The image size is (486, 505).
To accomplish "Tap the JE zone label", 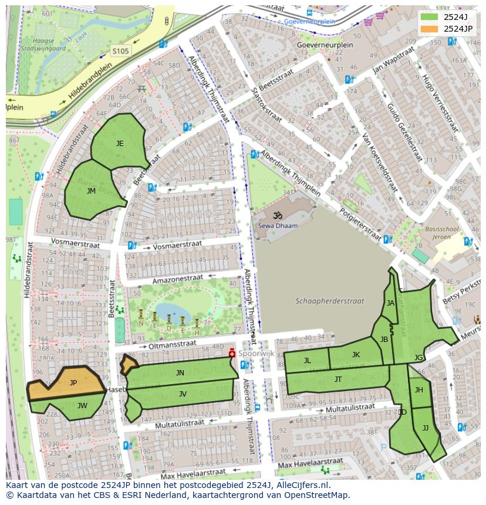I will point(120,143).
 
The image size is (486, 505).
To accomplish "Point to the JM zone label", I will point(91,191).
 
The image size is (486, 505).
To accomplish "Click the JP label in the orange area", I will point(73,382).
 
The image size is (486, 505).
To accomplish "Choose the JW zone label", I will point(82,405).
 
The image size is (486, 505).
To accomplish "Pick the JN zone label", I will point(180,372).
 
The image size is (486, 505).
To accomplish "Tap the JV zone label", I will point(183,394).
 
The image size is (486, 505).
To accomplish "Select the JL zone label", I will point(307,361).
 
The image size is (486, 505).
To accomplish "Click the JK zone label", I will point(356,354).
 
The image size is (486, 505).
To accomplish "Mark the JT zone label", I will point(338,379).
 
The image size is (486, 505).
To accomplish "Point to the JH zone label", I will point(419,389).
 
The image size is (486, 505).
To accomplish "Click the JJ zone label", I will point(426,428).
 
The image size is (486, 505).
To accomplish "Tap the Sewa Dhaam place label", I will point(278,225).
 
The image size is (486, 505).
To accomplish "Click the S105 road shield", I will point(120,51).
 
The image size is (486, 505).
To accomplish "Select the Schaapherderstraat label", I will point(330,301).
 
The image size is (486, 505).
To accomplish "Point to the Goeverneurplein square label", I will point(317,45).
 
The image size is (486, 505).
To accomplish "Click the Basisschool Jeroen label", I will point(438,233).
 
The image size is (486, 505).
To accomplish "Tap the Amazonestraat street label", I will point(177,279).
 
